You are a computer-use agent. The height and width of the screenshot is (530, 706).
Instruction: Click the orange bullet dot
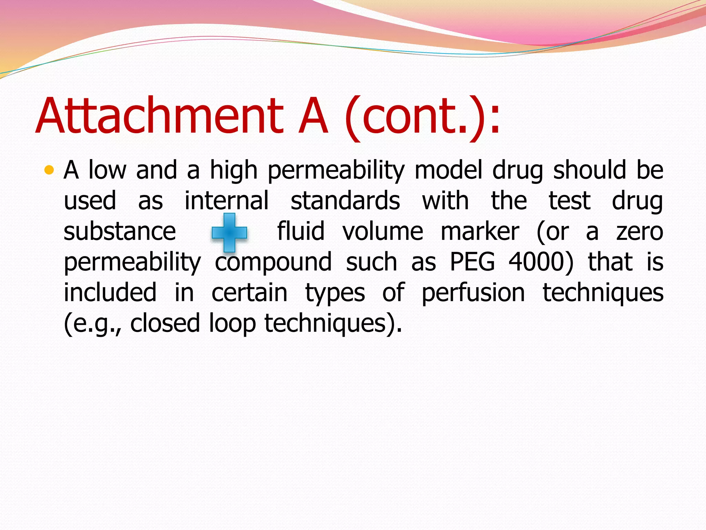pos(50,170)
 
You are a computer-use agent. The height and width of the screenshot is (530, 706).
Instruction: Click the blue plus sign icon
pos(229,232)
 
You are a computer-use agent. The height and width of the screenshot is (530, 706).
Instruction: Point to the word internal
pos(226,201)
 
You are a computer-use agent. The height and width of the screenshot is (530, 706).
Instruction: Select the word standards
pos(345,201)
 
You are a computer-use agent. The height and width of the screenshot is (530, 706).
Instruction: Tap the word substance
pos(120,232)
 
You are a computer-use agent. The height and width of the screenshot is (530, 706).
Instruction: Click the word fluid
pos(301,232)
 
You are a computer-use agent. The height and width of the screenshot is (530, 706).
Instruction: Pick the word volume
pos(383,232)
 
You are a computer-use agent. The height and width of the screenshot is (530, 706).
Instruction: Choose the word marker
pos(480,232)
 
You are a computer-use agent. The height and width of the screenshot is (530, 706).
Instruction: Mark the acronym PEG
pos(472,262)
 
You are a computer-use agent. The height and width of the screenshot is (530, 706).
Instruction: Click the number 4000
pos(538,262)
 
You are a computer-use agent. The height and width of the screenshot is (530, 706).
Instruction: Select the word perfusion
pos(473,293)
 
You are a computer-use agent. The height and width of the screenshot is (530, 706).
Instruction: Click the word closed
pos(165,323)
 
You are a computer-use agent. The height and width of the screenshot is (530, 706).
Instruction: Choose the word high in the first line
pos(234,171)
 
